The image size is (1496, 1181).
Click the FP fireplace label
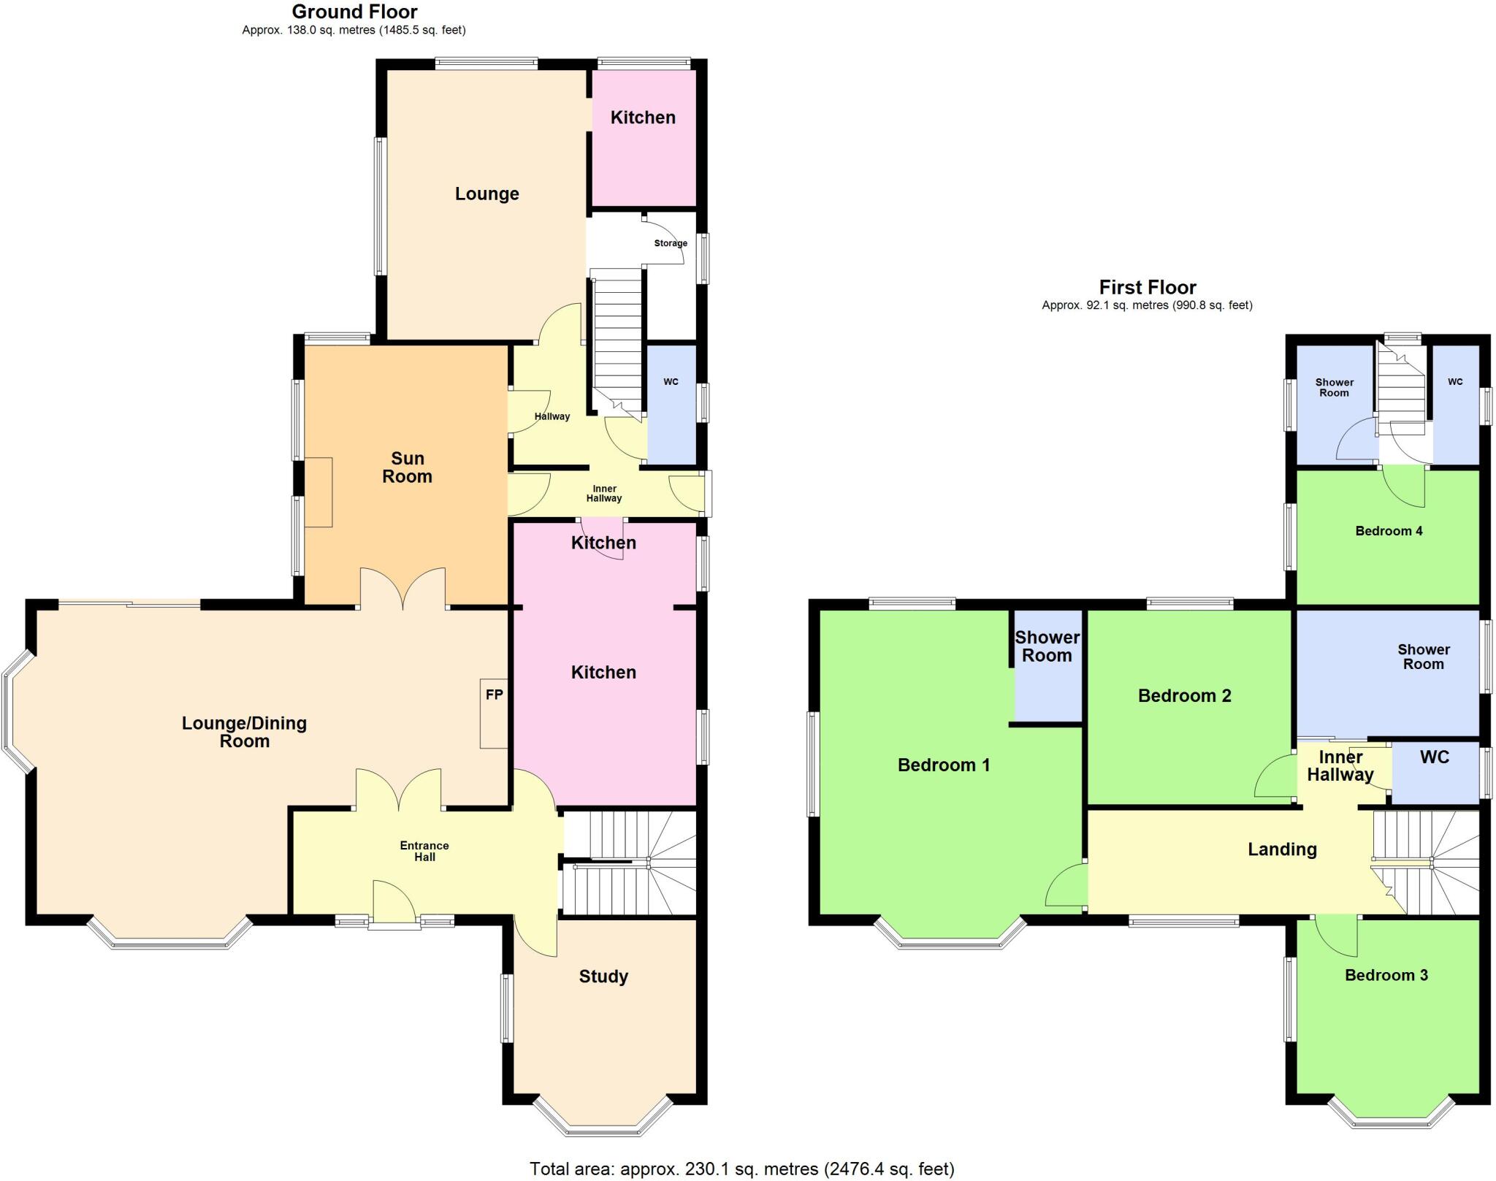click(x=495, y=695)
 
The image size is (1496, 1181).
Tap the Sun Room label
click(x=408, y=467)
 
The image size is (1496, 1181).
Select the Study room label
click(x=603, y=976)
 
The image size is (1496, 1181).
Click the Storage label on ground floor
click(x=671, y=243)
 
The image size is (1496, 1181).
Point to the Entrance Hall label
click(x=424, y=851)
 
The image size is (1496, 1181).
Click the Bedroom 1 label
click(x=944, y=765)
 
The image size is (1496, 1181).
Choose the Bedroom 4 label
click(x=1389, y=531)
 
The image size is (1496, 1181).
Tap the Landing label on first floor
click(x=1282, y=849)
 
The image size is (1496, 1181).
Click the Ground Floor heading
click(x=354, y=12)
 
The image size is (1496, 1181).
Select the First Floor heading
click(x=1148, y=287)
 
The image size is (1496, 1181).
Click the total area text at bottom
click(x=741, y=1169)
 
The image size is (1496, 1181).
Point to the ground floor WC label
click(x=671, y=382)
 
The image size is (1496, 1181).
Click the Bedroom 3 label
click(x=1386, y=975)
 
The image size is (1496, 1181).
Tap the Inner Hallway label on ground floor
click(x=604, y=494)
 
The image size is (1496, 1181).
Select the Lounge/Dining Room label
click(x=244, y=732)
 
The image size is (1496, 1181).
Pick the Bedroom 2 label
click(x=1184, y=695)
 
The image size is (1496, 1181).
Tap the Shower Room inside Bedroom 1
click(x=1047, y=665)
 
